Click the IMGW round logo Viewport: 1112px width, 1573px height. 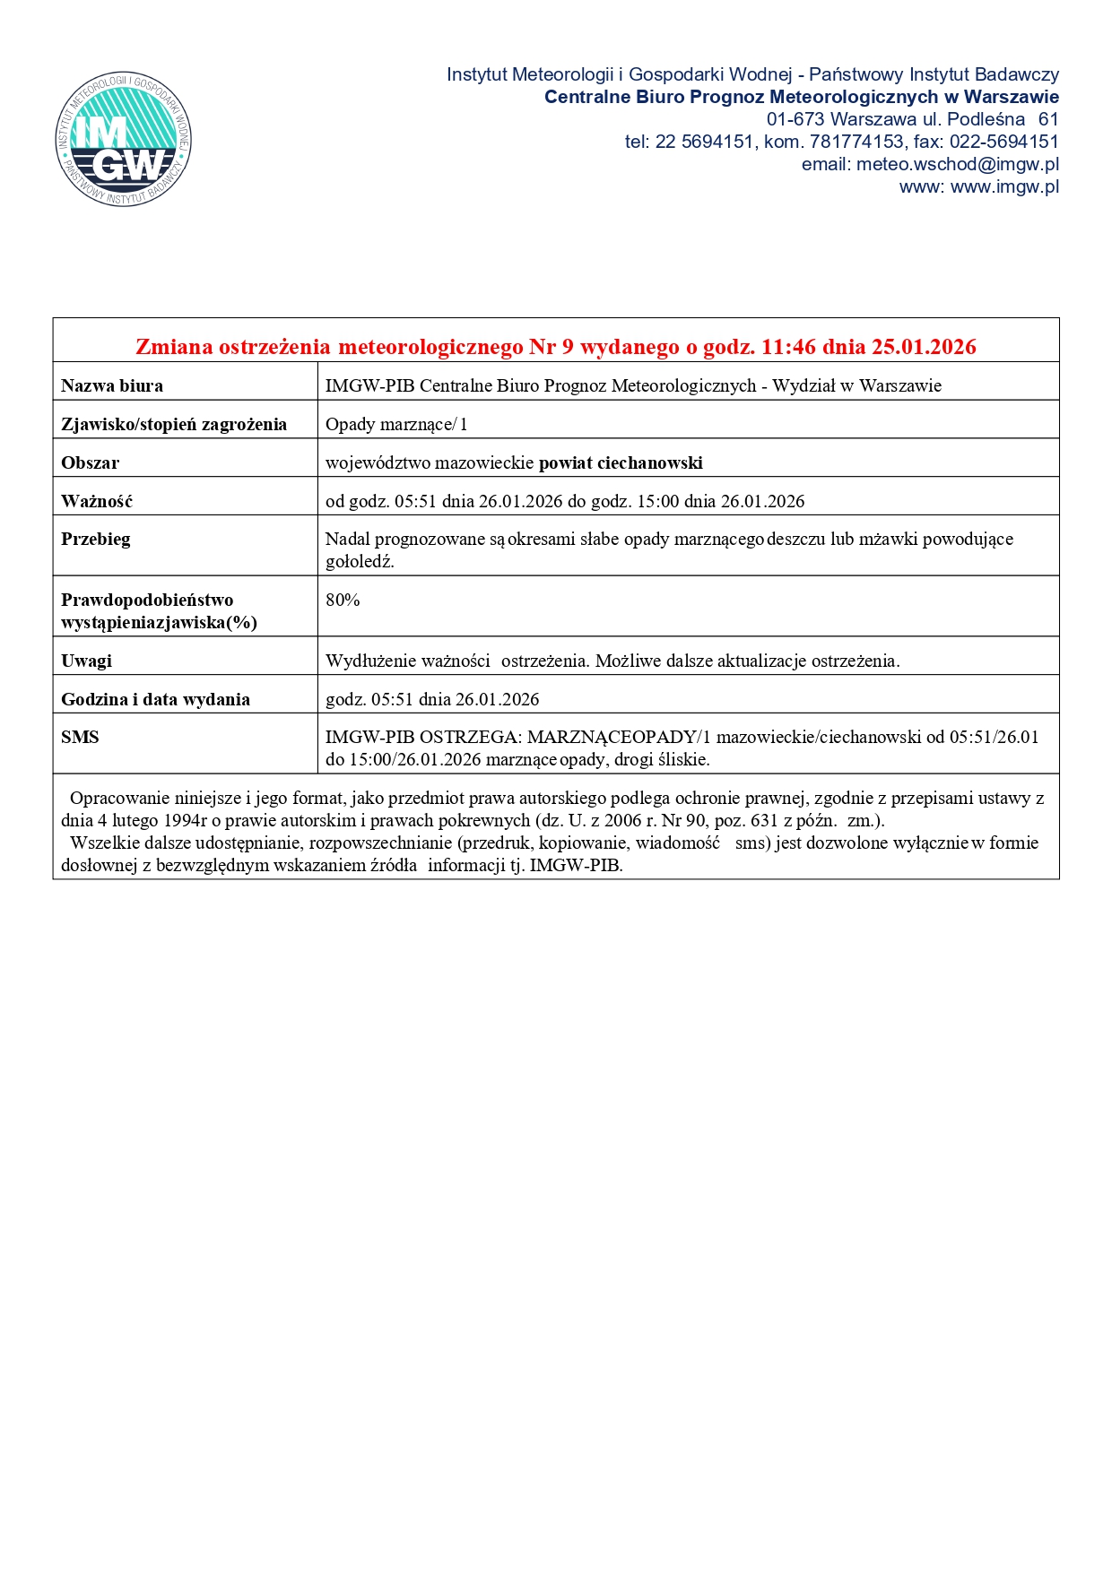pos(123,139)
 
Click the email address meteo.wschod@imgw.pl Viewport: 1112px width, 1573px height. pos(957,164)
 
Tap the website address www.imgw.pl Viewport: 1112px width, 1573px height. pos(1004,186)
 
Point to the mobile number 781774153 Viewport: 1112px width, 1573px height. pos(856,142)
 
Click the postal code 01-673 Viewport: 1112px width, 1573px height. pos(795,119)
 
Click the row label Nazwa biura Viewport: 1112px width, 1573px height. pos(112,386)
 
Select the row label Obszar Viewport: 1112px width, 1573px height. pos(90,463)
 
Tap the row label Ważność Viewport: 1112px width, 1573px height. pos(97,502)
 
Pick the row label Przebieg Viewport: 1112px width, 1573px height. pos(96,540)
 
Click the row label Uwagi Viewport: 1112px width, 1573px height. pos(86,661)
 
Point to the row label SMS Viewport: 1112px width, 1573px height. pos(80,738)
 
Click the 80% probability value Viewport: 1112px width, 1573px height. pos(343,601)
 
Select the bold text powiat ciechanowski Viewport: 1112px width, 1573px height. pos(621,463)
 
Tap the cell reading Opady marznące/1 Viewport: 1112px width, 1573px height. pos(396,425)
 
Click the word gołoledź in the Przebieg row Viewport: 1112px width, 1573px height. pos(360,563)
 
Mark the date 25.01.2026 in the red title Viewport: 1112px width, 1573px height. pos(924,347)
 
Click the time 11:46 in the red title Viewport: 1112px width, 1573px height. pos(790,347)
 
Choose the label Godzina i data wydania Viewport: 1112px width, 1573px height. pos(155,700)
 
